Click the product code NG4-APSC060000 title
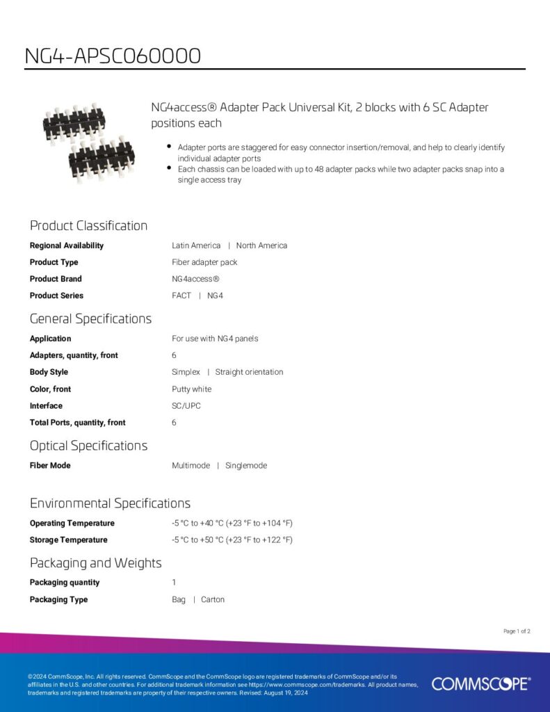113,56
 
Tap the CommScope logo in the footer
480,683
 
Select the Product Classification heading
88,225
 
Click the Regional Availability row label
67,245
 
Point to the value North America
261,245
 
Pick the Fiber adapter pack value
204,262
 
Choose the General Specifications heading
90,318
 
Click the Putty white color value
191,389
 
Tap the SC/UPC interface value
186,406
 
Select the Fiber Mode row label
50,466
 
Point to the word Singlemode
246,466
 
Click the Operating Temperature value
232,523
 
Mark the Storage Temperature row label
68,540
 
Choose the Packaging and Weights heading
95,563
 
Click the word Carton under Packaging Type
213,599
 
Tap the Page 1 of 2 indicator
517,631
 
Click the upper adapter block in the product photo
74,122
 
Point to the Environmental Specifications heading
110,503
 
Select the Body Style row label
49,372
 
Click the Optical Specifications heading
88,445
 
